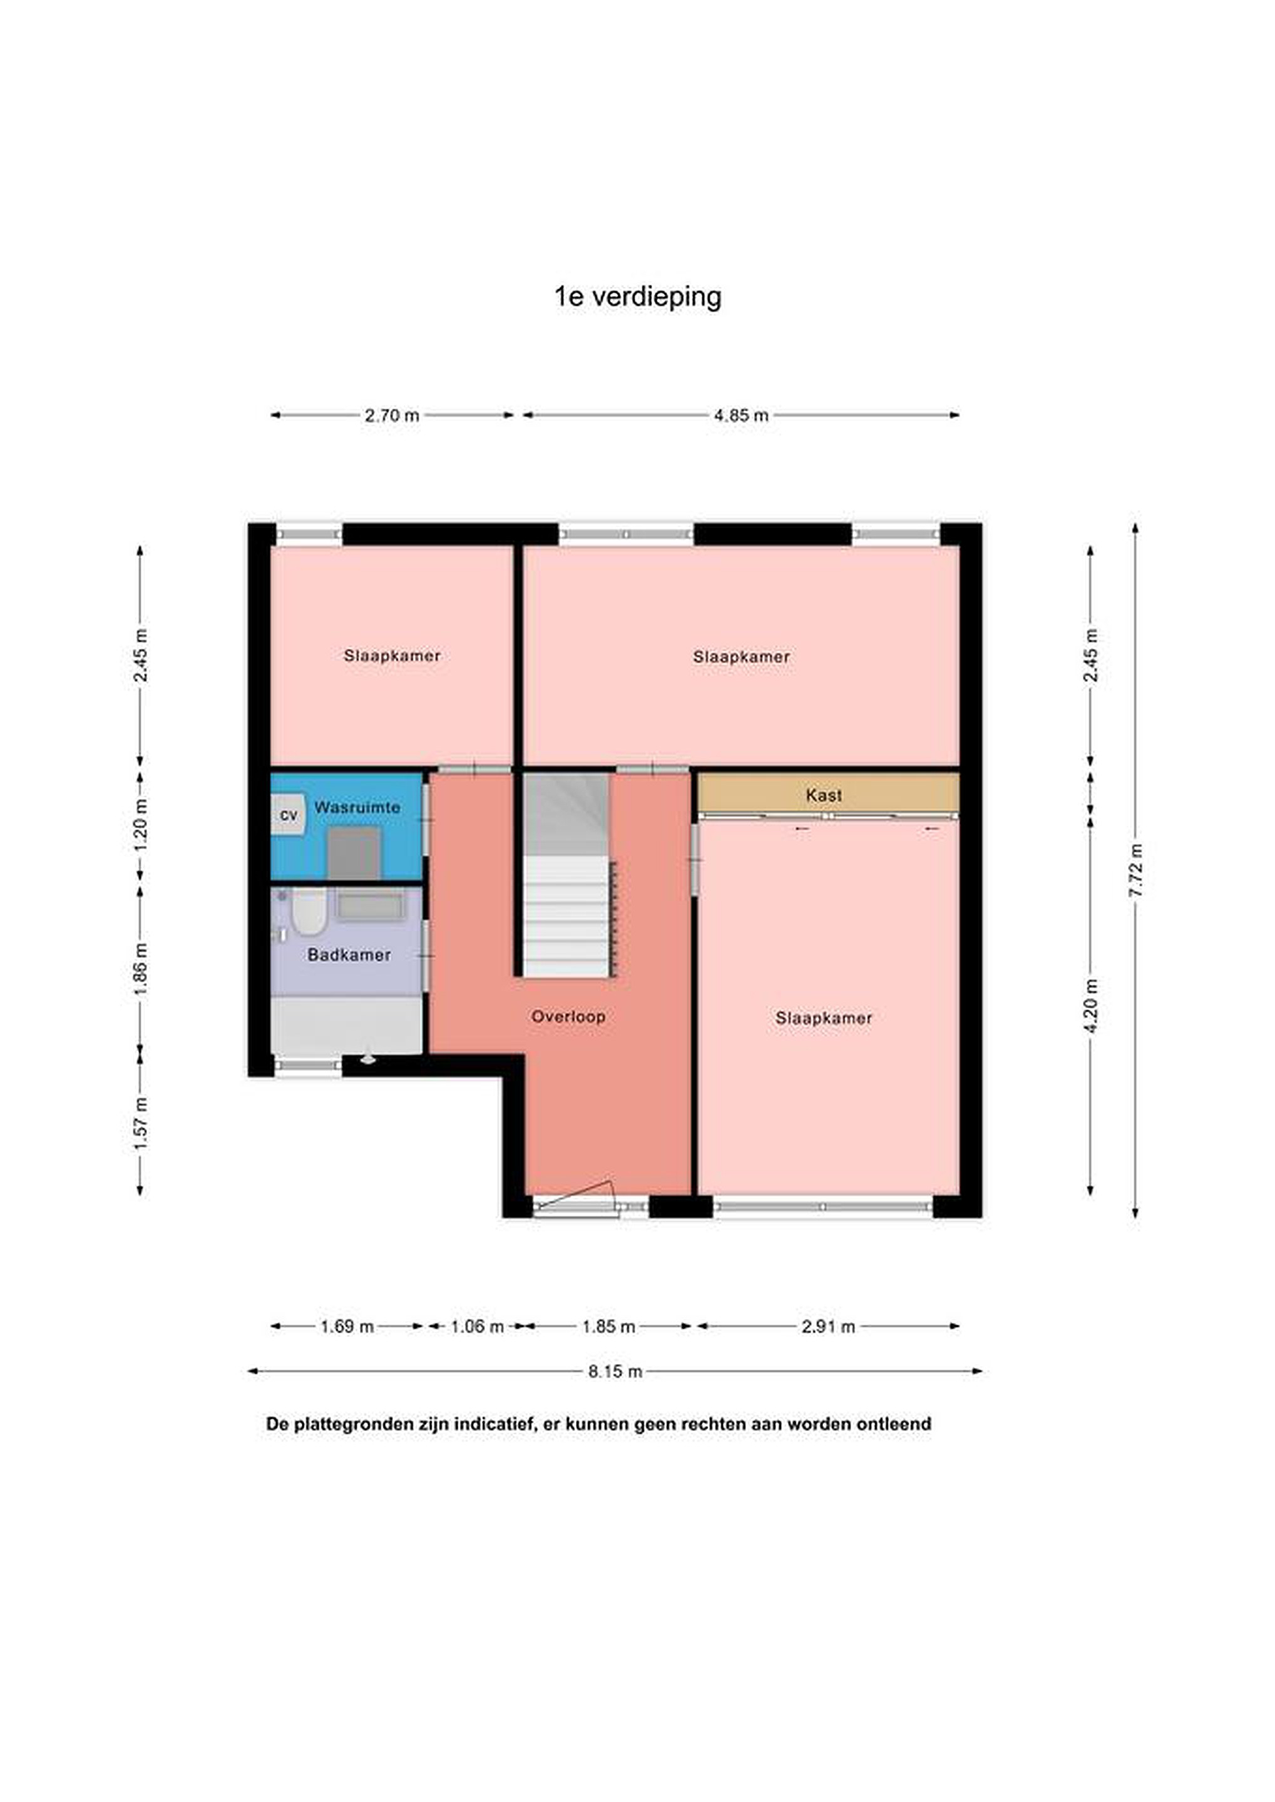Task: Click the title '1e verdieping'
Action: (637, 297)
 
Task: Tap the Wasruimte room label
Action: (357, 807)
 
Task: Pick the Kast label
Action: (824, 795)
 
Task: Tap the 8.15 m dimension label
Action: (615, 1371)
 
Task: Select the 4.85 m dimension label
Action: (741, 415)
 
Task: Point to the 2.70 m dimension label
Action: (392, 415)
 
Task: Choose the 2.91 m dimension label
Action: (828, 1326)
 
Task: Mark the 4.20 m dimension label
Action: (1091, 1006)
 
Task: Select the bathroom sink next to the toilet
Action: (370, 907)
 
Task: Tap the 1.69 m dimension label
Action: (347, 1326)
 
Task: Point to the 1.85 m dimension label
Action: (608, 1326)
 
